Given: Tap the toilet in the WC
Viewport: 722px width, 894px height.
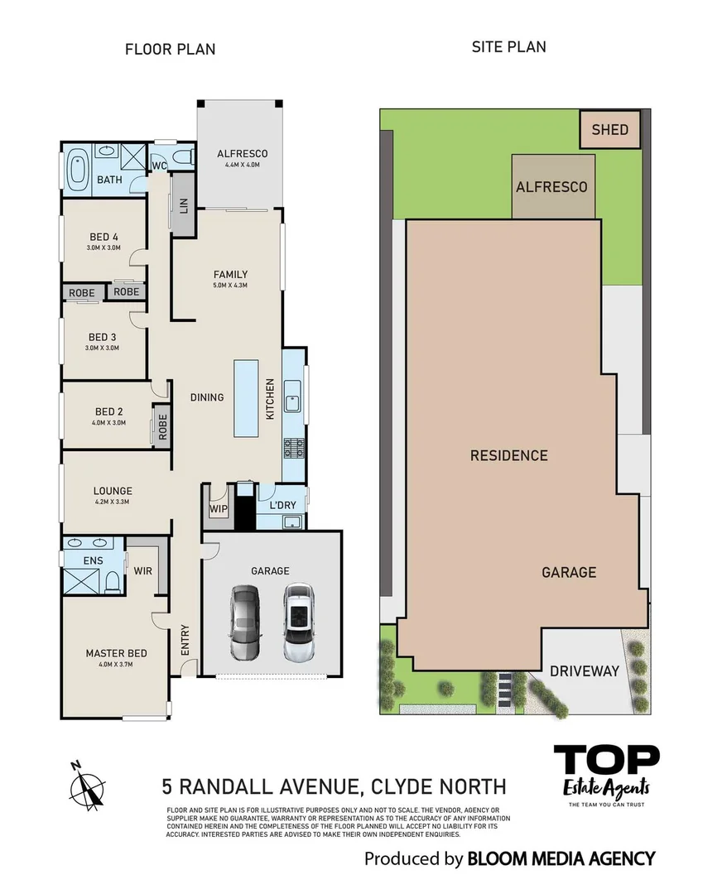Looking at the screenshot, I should [184, 156].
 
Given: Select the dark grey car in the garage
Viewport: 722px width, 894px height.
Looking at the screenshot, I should [245, 622].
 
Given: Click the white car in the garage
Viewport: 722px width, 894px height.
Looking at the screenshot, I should [298, 622].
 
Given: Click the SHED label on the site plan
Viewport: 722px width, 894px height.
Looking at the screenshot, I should [609, 130].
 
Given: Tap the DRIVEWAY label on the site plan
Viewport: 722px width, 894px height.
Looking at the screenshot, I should [585, 671].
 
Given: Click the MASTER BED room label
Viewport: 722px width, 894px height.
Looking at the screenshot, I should [116, 653].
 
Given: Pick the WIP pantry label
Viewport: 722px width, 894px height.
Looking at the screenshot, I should [219, 508].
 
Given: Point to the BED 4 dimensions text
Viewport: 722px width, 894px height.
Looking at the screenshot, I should [103, 248].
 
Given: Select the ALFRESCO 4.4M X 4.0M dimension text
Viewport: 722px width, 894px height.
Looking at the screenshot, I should [243, 165].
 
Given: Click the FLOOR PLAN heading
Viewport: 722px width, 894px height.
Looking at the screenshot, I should [170, 49].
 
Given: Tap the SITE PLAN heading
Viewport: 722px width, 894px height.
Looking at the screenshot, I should [508, 46].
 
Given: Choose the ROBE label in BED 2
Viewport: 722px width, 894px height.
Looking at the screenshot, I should [162, 426].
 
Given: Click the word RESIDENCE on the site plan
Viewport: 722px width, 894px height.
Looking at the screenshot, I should [508, 455].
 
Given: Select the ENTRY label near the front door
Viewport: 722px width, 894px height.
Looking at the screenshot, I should [185, 639].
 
